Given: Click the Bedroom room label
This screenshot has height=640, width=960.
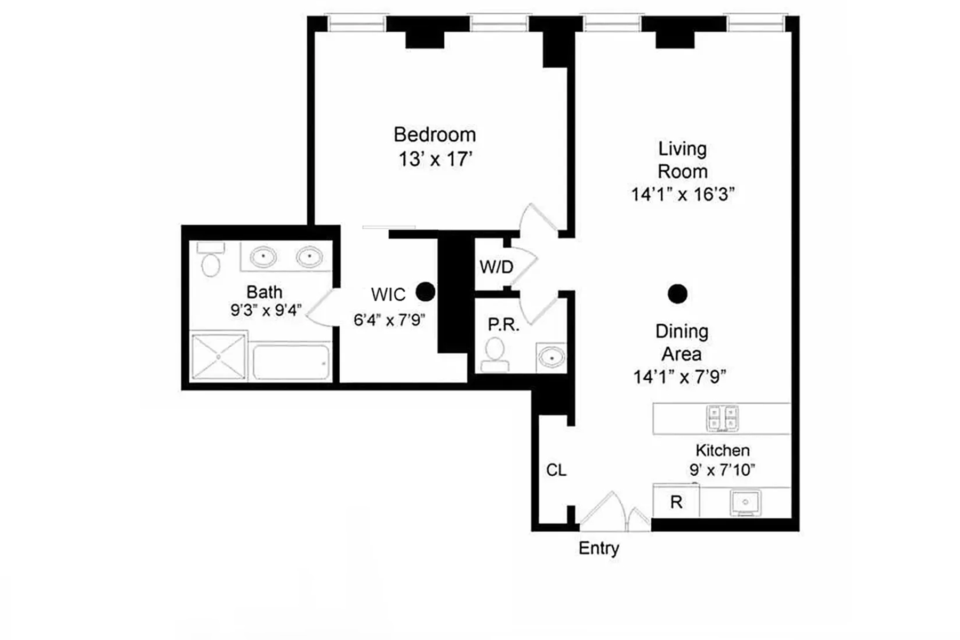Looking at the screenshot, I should point(434,134).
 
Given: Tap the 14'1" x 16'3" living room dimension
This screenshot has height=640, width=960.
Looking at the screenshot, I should point(683,195).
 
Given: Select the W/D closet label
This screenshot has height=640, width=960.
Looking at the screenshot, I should point(496,267).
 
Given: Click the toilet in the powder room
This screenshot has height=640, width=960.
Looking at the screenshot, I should point(495,353).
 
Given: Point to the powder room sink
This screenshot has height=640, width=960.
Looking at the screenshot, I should point(551,356).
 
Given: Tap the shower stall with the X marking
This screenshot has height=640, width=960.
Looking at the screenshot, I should point(218,357).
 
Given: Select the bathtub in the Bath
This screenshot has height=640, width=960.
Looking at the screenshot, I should point(291,362).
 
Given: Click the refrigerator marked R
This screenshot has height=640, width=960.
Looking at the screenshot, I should point(676,502).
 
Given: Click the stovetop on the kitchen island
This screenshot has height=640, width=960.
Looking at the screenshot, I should point(722,418).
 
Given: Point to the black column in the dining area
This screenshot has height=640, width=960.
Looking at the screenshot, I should point(677,293).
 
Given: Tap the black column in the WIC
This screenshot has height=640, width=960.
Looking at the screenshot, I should point(425,291).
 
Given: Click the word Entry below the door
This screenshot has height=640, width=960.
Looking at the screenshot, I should point(598,548).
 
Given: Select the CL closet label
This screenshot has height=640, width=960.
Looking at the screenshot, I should point(556,470).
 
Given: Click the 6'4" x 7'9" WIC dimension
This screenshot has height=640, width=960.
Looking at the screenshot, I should point(389,320).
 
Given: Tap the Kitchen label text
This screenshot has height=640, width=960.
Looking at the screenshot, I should point(722,450).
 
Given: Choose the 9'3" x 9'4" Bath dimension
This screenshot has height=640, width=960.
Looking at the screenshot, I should point(266,310).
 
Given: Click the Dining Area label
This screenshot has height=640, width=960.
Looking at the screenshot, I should point(682,342).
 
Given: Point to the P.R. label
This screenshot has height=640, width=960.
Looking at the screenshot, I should point(503,324).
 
